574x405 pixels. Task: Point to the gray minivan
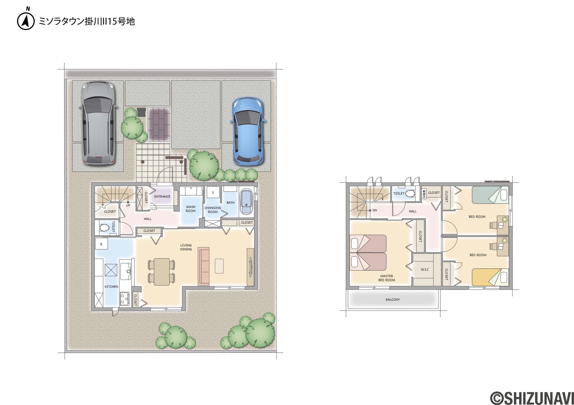pyautogui.click(x=98, y=123)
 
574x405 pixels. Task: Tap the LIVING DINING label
pyautogui.click(x=186, y=247)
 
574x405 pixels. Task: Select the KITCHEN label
pyautogui.click(x=111, y=287)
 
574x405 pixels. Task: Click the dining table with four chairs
pyautogui.click(x=161, y=272)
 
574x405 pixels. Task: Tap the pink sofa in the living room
pyautogui.click(x=204, y=266)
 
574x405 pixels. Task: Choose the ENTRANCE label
pyautogui.click(x=162, y=197)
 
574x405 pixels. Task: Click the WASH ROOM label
pyautogui.click(x=191, y=209)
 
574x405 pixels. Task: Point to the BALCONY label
pyautogui.click(x=393, y=300)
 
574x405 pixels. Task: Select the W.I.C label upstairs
pyautogui.click(x=424, y=270)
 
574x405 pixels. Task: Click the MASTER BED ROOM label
pyautogui.click(x=387, y=278)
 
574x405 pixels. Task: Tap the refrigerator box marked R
pyautogui.click(x=101, y=244)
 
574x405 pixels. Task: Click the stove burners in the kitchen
pyautogui.click(x=124, y=299)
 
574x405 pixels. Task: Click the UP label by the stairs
pyautogui.click(x=128, y=205)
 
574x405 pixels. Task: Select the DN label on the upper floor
pyautogui.click(x=374, y=210)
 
